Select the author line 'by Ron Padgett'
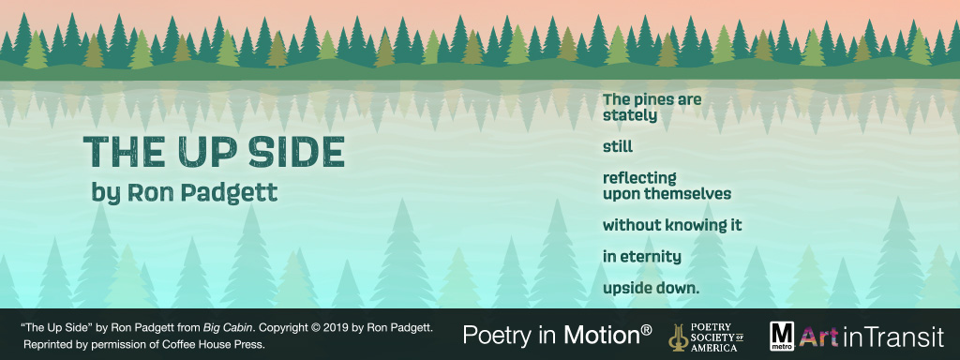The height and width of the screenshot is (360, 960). pos(185,193)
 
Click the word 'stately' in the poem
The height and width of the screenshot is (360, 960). pos(630,115)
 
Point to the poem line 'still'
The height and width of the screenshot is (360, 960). pos(618,146)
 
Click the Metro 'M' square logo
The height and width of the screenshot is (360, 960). pos(782,335)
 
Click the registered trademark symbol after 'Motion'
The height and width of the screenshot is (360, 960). pos(646,327)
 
